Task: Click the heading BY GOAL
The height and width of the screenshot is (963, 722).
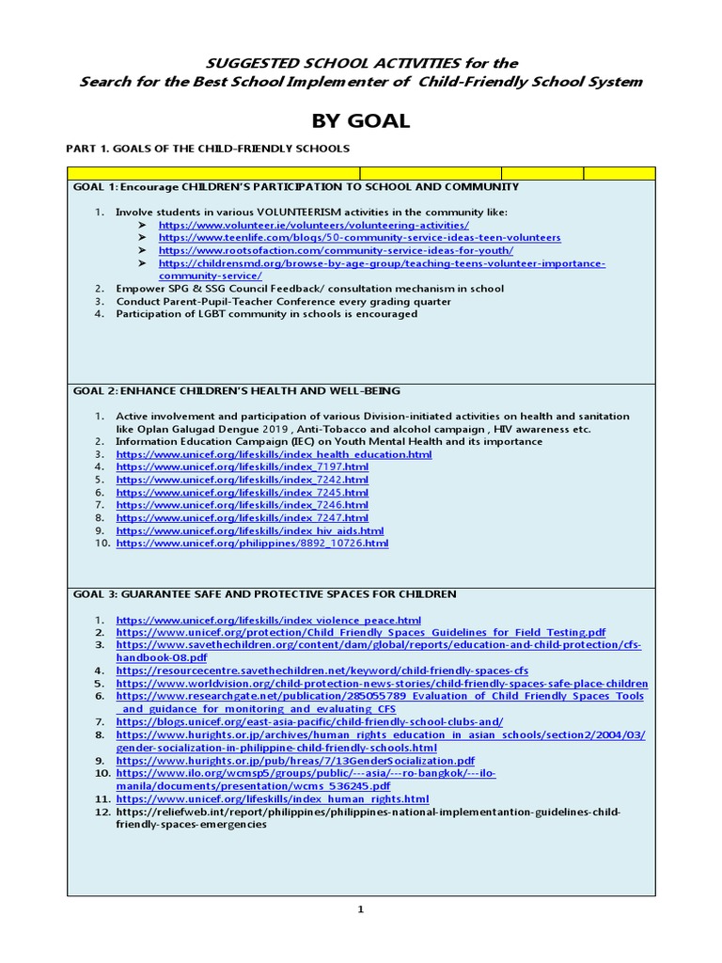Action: point(360,121)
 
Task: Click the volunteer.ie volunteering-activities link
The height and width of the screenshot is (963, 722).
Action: point(313,226)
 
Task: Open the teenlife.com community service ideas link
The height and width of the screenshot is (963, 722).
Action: point(359,238)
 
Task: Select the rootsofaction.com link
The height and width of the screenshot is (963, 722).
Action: point(336,251)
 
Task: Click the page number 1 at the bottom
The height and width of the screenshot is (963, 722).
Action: point(360,909)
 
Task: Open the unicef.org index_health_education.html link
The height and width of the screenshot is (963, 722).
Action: point(274,454)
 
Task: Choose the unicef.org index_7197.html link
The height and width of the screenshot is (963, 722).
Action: point(242,466)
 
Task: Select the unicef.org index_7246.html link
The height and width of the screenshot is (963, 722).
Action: point(242,505)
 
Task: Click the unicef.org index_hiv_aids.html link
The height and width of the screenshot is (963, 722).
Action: point(249,530)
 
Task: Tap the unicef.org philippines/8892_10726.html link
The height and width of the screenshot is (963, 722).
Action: point(252,544)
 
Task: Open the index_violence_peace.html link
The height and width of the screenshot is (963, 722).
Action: point(268,621)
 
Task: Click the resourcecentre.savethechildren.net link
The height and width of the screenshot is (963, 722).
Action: point(322,671)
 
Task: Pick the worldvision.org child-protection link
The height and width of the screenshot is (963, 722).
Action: point(382,684)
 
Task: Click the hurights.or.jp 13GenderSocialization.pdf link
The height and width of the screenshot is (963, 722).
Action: point(295,761)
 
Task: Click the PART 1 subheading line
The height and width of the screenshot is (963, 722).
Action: point(208,149)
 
